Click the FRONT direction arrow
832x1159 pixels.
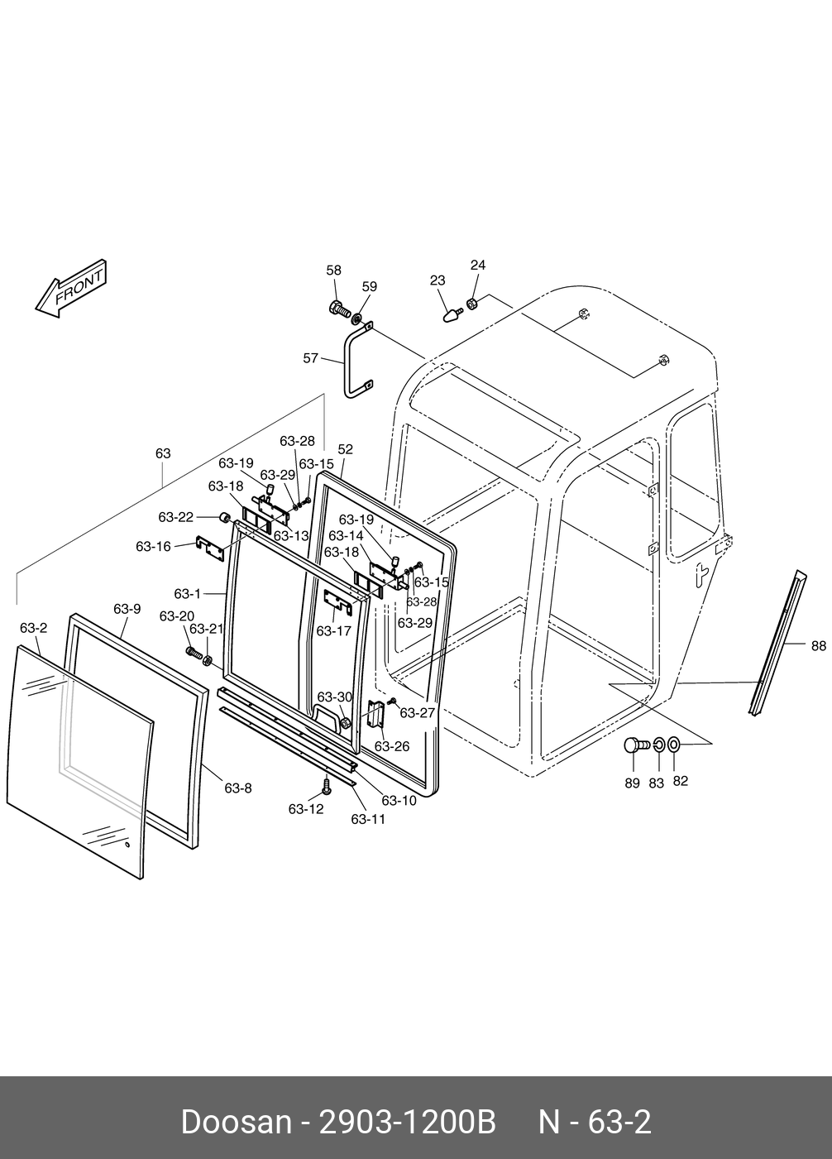pyautogui.click(x=71, y=290)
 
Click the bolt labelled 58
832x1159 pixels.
pyautogui.click(x=337, y=309)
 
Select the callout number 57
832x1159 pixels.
pyautogui.click(x=311, y=358)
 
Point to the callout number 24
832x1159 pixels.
pyautogui.click(x=478, y=265)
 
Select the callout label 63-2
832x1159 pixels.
pyautogui.click(x=33, y=628)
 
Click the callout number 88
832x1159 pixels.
pyautogui.click(x=818, y=645)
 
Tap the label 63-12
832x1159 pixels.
pyautogui.click(x=305, y=808)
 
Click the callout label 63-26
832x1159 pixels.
pyautogui.click(x=392, y=746)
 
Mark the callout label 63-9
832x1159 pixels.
pyautogui.click(x=127, y=609)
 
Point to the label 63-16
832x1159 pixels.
pyautogui.click(x=153, y=546)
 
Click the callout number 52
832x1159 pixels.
pyautogui.click(x=345, y=449)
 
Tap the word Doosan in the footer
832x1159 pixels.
pyautogui.click(x=236, y=1123)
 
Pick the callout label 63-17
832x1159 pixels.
pyautogui.click(x=333, y=630)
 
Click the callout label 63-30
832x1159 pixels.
pyautogui.click(x=334, y=697)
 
